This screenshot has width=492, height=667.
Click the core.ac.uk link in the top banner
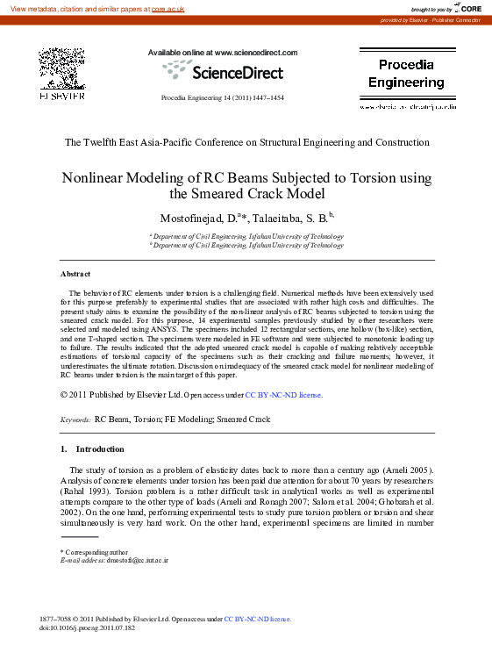pyautogui.click(x=169, y=8)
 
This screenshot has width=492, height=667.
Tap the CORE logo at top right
pyautogui.click(x=466, y=8)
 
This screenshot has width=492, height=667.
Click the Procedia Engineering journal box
pyautogui.click(x=406, y=74)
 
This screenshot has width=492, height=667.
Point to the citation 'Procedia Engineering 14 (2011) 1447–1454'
pyautogui.click(x=223, y=97)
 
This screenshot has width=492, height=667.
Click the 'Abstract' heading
pyautogui.click(x=75, y=275)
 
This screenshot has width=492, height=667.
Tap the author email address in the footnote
pyautogui.click(x=136, y=559)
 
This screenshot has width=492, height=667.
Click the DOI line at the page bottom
pyautogui.click(x=87, y=628)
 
